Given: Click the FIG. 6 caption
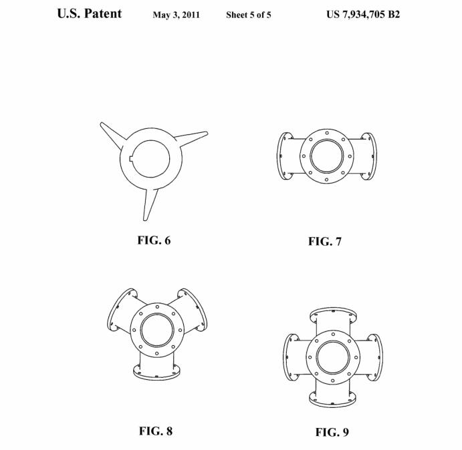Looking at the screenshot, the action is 154,240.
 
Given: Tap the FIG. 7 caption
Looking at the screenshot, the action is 325,241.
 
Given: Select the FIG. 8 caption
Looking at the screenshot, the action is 156,431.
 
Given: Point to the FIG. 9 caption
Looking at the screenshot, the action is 332,432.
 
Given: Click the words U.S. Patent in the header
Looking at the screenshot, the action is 90,13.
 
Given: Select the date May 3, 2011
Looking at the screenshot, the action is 177,15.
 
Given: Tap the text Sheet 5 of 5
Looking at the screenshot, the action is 249,15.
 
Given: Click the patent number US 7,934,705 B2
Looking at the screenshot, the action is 363,14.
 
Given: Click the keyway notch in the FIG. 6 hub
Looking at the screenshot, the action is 131,159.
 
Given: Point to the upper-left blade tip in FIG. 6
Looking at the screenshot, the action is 102,124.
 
